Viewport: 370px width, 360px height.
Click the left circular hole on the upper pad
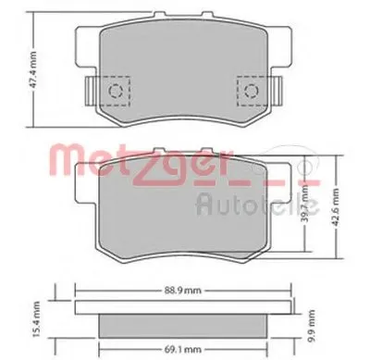[117, 90]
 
